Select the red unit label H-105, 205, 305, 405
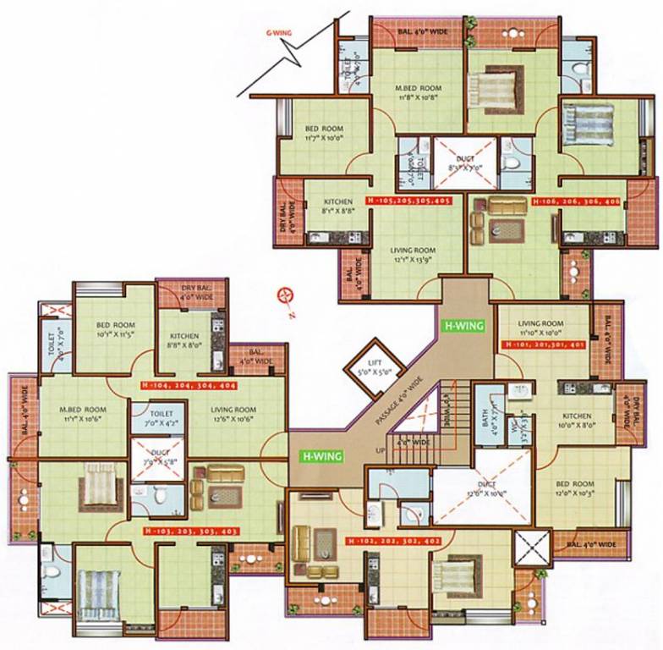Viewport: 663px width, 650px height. coord(408,201)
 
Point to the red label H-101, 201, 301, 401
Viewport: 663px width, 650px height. coord(543,345)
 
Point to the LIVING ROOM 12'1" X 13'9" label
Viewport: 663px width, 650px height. coord(412,256)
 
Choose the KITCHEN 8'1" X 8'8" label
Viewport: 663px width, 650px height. coord(337,207)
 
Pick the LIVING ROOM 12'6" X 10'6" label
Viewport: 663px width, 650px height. coord(233,414)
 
